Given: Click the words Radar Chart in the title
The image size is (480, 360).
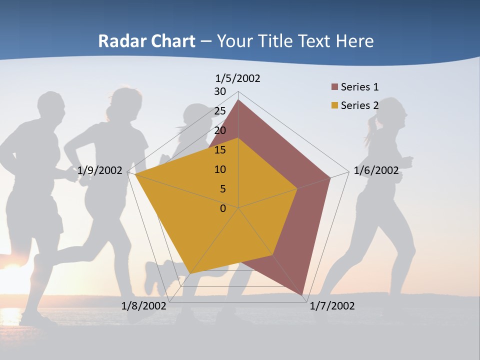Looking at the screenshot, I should (x=146, y=41).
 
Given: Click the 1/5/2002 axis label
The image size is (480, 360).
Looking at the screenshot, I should (x=237, y=78).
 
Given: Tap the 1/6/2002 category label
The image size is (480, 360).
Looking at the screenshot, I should (x=376, y=170).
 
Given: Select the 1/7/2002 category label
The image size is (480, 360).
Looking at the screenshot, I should (x=332, y=306).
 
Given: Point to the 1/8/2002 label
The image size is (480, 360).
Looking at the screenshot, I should (x=144, y=306).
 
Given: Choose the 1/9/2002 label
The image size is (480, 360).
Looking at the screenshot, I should (x=100, y=170).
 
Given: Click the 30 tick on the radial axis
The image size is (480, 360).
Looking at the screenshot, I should (x=220, y=91).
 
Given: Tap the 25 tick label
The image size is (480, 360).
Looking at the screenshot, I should (x=220, y=111).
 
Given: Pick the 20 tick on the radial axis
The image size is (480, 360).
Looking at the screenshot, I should (x=220, y=130).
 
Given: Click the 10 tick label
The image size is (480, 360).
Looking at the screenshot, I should (x=220, y=169).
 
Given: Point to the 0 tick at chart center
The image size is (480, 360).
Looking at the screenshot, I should (x=223, y=208).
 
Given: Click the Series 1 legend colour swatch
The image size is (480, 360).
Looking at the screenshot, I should (x=334, y=87).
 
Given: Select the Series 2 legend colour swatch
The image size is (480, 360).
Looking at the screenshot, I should (x=334, y=106).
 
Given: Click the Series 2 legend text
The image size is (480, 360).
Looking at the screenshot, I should (x=359, y=106).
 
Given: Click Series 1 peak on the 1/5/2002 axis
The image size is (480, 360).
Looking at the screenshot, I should (x=238, y=100).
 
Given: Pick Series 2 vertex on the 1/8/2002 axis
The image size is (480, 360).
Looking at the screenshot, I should (x=189, y=273).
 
